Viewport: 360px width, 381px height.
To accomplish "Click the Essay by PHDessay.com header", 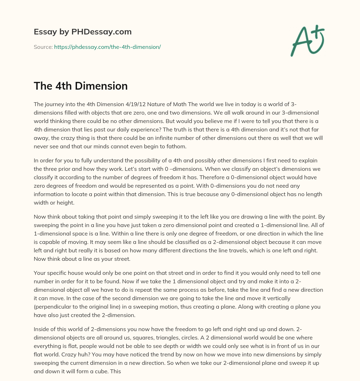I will pyautogui.click(x=83, y=32).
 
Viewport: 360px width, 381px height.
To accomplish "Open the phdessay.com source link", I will pyautogui.click(x=107, y=47).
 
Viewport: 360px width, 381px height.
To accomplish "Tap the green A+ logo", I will pyautogui.click(x=307, y=41).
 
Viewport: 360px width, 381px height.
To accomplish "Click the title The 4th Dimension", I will pyautogui.click(x=81, y=86).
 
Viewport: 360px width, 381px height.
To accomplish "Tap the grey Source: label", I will pyautogui.click(x=43, y=47).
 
